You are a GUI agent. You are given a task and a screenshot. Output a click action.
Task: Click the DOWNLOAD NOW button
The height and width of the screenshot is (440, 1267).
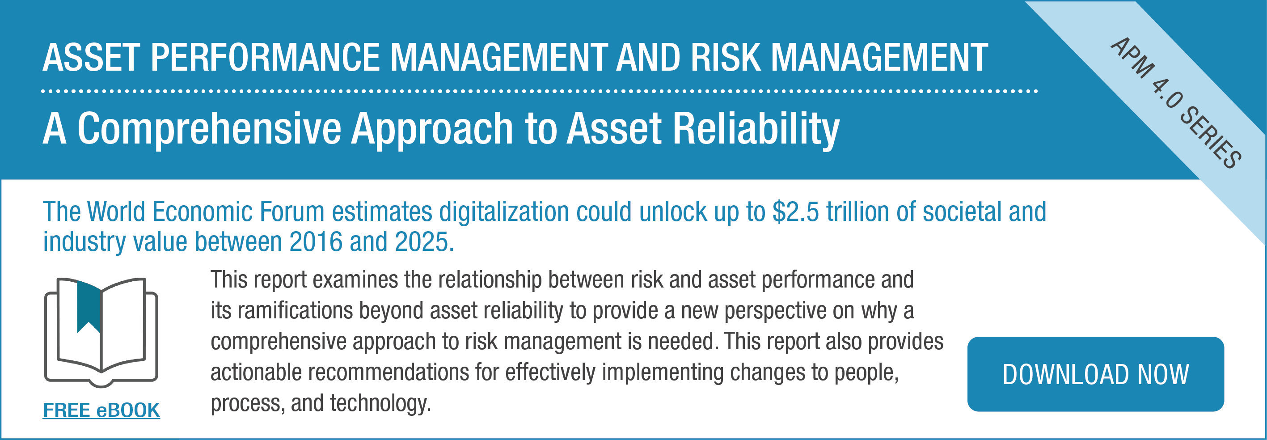[1095, 374]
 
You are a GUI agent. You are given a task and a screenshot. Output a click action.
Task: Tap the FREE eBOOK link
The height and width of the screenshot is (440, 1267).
[101, 410]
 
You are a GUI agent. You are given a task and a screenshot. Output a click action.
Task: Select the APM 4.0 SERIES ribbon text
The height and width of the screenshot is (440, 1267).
[1176, 102]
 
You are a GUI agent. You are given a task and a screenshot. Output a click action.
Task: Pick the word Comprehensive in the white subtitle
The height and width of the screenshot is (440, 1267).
[210, 129]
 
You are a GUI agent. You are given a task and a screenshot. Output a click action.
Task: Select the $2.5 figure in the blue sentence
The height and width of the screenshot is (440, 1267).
[795, 212]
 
